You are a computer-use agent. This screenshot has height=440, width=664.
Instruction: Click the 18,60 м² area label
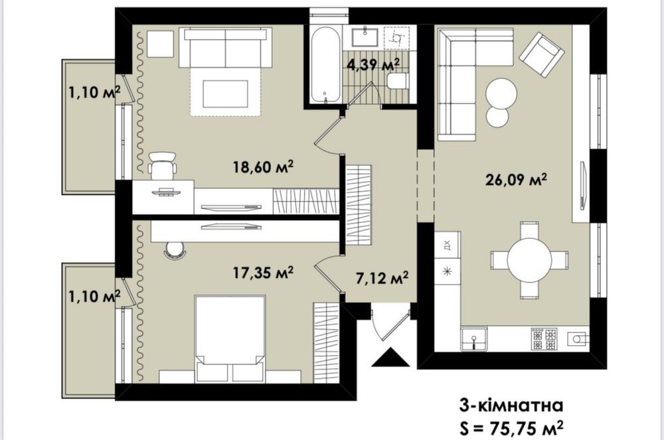pos(263,167)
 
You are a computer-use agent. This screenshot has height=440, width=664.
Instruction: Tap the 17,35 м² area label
pos(264,273)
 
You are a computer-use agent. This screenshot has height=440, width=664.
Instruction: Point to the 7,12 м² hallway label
pos(382,278)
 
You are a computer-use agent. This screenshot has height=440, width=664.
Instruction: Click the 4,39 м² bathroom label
pos(373,65)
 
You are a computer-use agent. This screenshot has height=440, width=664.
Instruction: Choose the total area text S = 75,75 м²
pos(511,428)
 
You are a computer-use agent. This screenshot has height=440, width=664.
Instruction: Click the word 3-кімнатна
pos(511,405)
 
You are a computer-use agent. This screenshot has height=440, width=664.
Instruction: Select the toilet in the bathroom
pos(398,80)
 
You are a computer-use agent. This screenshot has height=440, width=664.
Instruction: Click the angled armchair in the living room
pos(542,55)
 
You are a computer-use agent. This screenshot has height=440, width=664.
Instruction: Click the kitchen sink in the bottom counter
pos(474,338)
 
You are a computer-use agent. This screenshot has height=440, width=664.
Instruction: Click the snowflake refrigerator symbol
pos(447,271)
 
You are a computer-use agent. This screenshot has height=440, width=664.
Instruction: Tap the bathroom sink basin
pos(365,36)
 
